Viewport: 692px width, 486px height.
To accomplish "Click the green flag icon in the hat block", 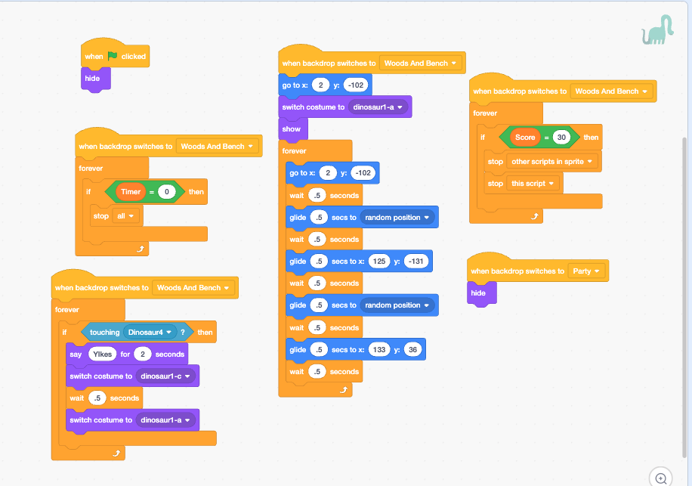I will [x=113, y=56].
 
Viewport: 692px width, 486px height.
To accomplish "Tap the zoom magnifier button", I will [x=661, y=478].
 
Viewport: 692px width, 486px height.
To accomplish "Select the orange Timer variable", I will [x=131, y=192].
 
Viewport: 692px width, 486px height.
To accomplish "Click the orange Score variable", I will [x=525, y=138].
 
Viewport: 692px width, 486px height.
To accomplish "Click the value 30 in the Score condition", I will [x=561, y=138].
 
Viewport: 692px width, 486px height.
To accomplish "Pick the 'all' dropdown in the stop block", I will [x=125, y=216].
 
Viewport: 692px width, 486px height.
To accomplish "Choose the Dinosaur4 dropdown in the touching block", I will [x=150, y=332].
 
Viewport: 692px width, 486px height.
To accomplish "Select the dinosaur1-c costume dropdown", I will [x=165, y=376].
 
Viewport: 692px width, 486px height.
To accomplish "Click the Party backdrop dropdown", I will [x=586, y=271].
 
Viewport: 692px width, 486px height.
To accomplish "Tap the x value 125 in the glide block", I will [x=379, y=262].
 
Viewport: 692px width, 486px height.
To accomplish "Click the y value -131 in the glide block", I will [x=416, y=262].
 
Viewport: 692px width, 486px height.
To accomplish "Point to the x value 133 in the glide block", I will [x=379, y=350].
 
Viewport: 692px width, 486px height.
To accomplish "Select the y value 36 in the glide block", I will [x=412, y=350].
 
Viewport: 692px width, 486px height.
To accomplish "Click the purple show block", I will [x=292, y=129].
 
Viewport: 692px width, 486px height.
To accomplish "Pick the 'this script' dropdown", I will [x=533, y=184].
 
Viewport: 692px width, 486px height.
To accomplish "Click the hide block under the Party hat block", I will [x=479, y=293].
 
